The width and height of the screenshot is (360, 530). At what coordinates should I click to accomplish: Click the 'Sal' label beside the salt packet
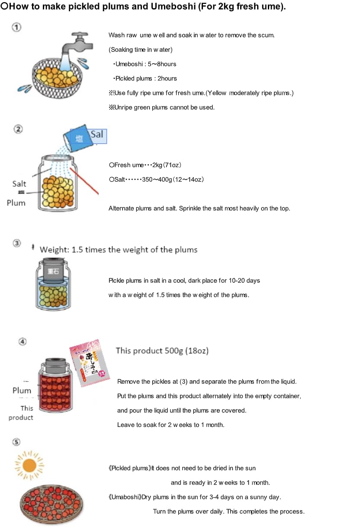97,134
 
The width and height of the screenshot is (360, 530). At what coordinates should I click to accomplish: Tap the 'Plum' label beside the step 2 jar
16,203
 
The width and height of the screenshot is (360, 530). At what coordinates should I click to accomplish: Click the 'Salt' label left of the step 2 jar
19,184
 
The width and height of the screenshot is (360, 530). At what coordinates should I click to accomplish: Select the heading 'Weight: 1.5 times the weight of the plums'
118,250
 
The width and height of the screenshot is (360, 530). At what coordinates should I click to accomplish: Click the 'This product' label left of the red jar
21,413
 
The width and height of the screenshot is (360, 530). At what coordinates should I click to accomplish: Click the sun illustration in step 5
29,465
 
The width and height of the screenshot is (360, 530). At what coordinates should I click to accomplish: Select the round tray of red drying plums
51,504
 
